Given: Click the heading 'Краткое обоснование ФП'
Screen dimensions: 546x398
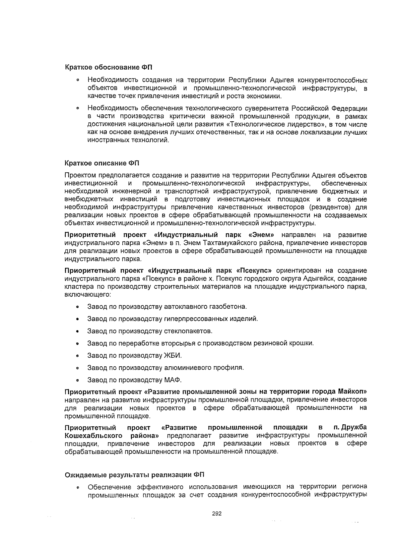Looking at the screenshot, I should point(108,68).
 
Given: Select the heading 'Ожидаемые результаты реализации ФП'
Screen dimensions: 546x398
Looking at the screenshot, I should point(134,475).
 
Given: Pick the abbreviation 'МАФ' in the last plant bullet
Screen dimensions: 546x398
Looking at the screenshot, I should point(173,380).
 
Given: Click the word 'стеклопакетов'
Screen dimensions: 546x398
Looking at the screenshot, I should point(188,331).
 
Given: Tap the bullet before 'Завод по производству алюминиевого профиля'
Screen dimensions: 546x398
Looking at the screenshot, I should point(77,368).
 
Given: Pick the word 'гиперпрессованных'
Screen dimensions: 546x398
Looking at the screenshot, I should point(196,319).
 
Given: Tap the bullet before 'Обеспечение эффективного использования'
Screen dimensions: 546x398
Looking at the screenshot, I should point(77,488).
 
